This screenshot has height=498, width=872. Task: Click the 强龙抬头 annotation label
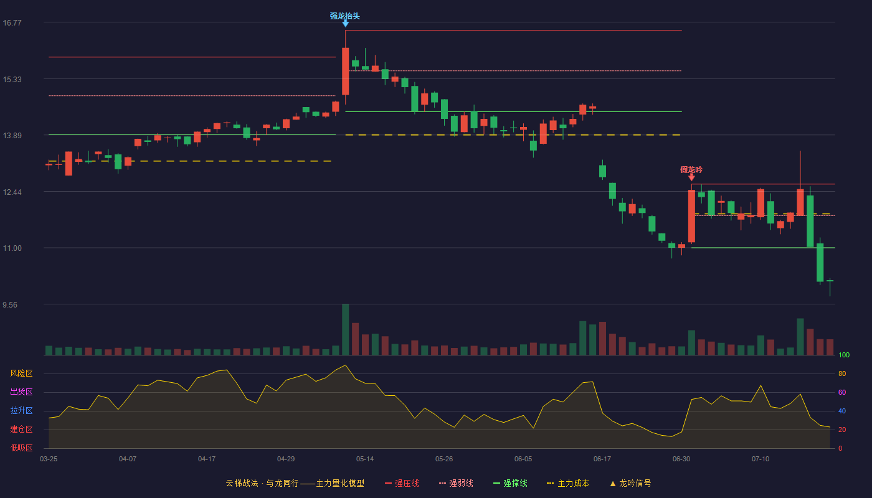[345, 16]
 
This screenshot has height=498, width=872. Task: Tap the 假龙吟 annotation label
[691, 169]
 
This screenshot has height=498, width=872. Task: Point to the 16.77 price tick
[12, 22]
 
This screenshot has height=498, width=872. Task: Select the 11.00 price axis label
[12, 248]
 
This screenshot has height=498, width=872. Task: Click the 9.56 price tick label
[10, 304]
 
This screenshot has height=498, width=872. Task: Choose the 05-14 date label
[365, 459]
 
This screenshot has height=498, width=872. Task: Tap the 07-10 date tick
[761, 459]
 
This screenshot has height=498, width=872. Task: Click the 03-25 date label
[49, 459]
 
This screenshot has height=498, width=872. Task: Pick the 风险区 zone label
[21, 374]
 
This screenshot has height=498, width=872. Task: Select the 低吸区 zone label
[21, 448]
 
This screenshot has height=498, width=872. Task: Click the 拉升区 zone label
[21, 411]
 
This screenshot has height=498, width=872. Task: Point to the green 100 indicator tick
[844, 355]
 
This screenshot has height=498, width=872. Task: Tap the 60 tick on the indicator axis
[842, 392]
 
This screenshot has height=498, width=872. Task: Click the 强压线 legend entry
[402, 483]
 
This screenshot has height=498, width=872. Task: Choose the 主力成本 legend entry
[568, 483]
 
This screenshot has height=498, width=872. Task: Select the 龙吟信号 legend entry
[630, 483]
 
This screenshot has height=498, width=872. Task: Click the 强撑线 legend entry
[510, 483]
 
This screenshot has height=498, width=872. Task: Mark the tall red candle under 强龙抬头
[345, 71]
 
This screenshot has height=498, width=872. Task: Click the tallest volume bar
[345, 329]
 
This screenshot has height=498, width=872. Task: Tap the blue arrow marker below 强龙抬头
[345, 24]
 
